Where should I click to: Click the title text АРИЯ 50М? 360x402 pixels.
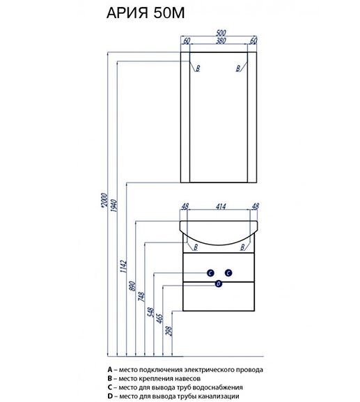pyautogui.click(x=146, y=13)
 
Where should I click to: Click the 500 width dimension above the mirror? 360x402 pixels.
pyautogui.click(x=221, y=33)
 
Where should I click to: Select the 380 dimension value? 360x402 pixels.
pyautogui.click(x=221, y=40)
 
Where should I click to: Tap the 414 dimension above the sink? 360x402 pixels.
pyautogui.click(x=221, y=206)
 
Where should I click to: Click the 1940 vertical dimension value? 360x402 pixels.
pyautogui.click(x=114, y=206)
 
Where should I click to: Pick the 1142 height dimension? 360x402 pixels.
pyautogui.click(x=123, y=266)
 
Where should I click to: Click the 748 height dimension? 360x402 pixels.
pyautogui.click(x=141, y=297)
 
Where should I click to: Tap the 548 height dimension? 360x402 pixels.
pyautogui.click(x=150, y=312)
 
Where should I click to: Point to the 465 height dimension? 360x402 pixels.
pyautogui.click(x=159, y=318)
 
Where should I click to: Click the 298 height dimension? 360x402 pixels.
pyautogui.click(x=169, y=330)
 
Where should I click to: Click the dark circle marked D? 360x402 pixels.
pyautogui.click(x=219, y=284)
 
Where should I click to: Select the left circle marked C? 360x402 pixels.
pyautogui.click(x=210, y=273)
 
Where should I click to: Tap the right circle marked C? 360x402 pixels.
pyautogui.click(x=228, y=273)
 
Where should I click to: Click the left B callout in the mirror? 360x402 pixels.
pyautogui.click(x=198, y=68)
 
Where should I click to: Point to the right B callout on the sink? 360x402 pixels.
pyautogui.click(x=242, y=247)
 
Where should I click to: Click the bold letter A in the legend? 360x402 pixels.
pyautogui.click(x=110, y=370)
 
